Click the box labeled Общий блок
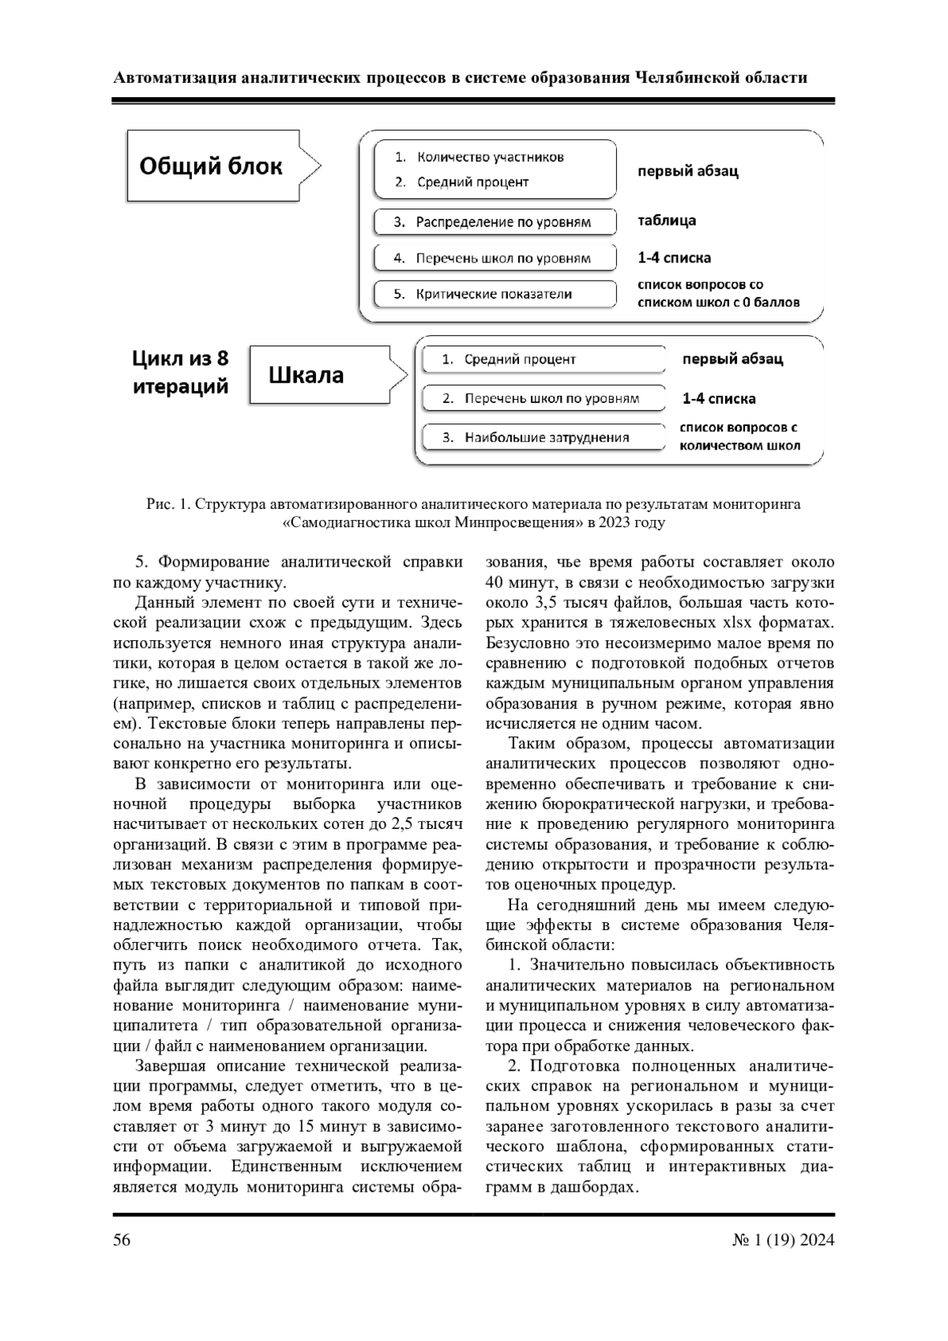[211, 168]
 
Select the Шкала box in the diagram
[307, 375]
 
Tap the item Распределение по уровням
[495, 222]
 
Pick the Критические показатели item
[495, 294]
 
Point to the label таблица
[667, 220]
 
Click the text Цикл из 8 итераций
[180, 372]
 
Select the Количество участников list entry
[490, 156]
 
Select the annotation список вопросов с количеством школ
[739, 436]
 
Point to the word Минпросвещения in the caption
[510, 522]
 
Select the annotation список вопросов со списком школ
[718, 293]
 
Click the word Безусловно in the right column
[525, 643]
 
